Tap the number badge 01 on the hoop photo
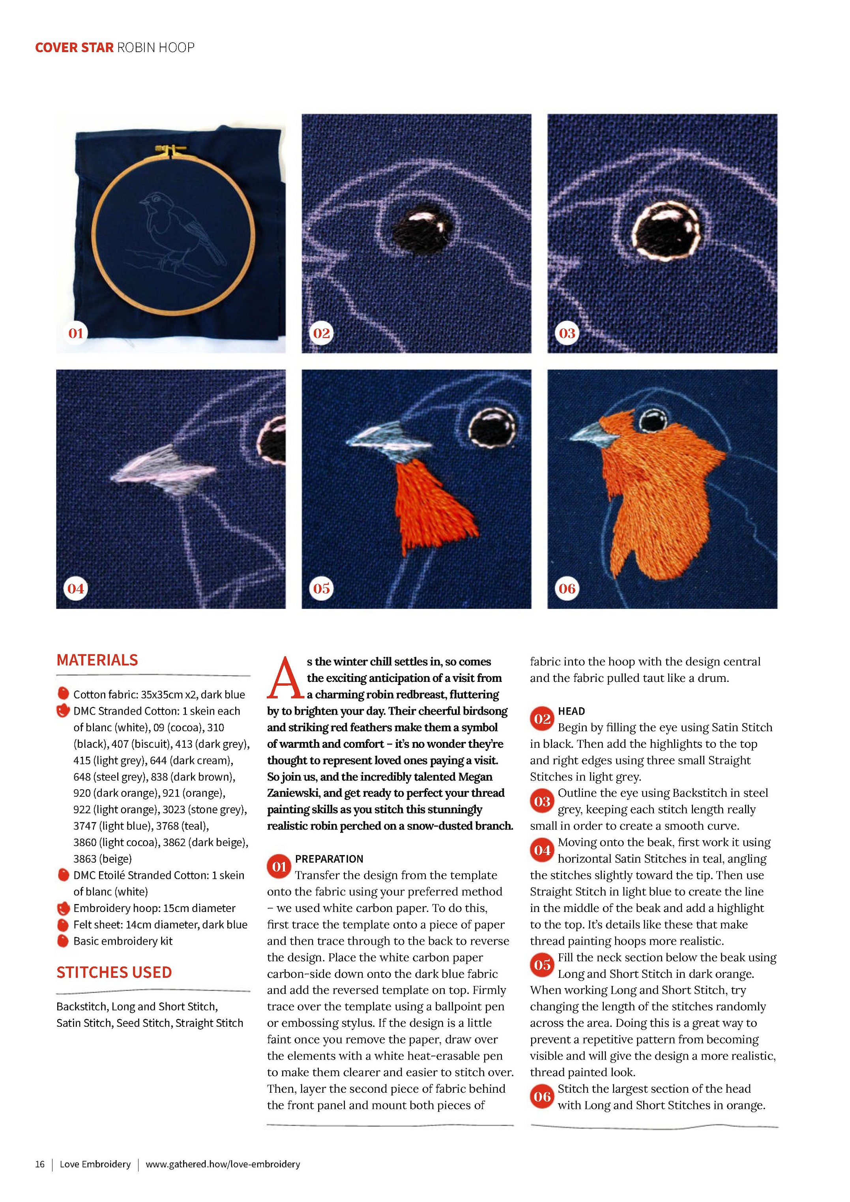pyautogui.click(x=75, y=333)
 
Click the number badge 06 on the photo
pyautogui.click(x=567, y=588)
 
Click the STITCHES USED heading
pyautogui.click(x=114, y=973)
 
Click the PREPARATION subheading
pyautogui.click(x=329, y=859)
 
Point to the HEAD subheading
pyautogui.click(x=571, y=711)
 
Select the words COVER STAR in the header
pyautogui.click(x=74, y=48)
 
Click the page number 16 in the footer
pyautogui.click(x=40, y=1164)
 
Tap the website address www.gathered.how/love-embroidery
pyautogui.click(x=223, y=1164)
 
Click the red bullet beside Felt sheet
pyautogui.click(x=63, y=925)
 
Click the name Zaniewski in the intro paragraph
pyautogui.click(x=297, y=793)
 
